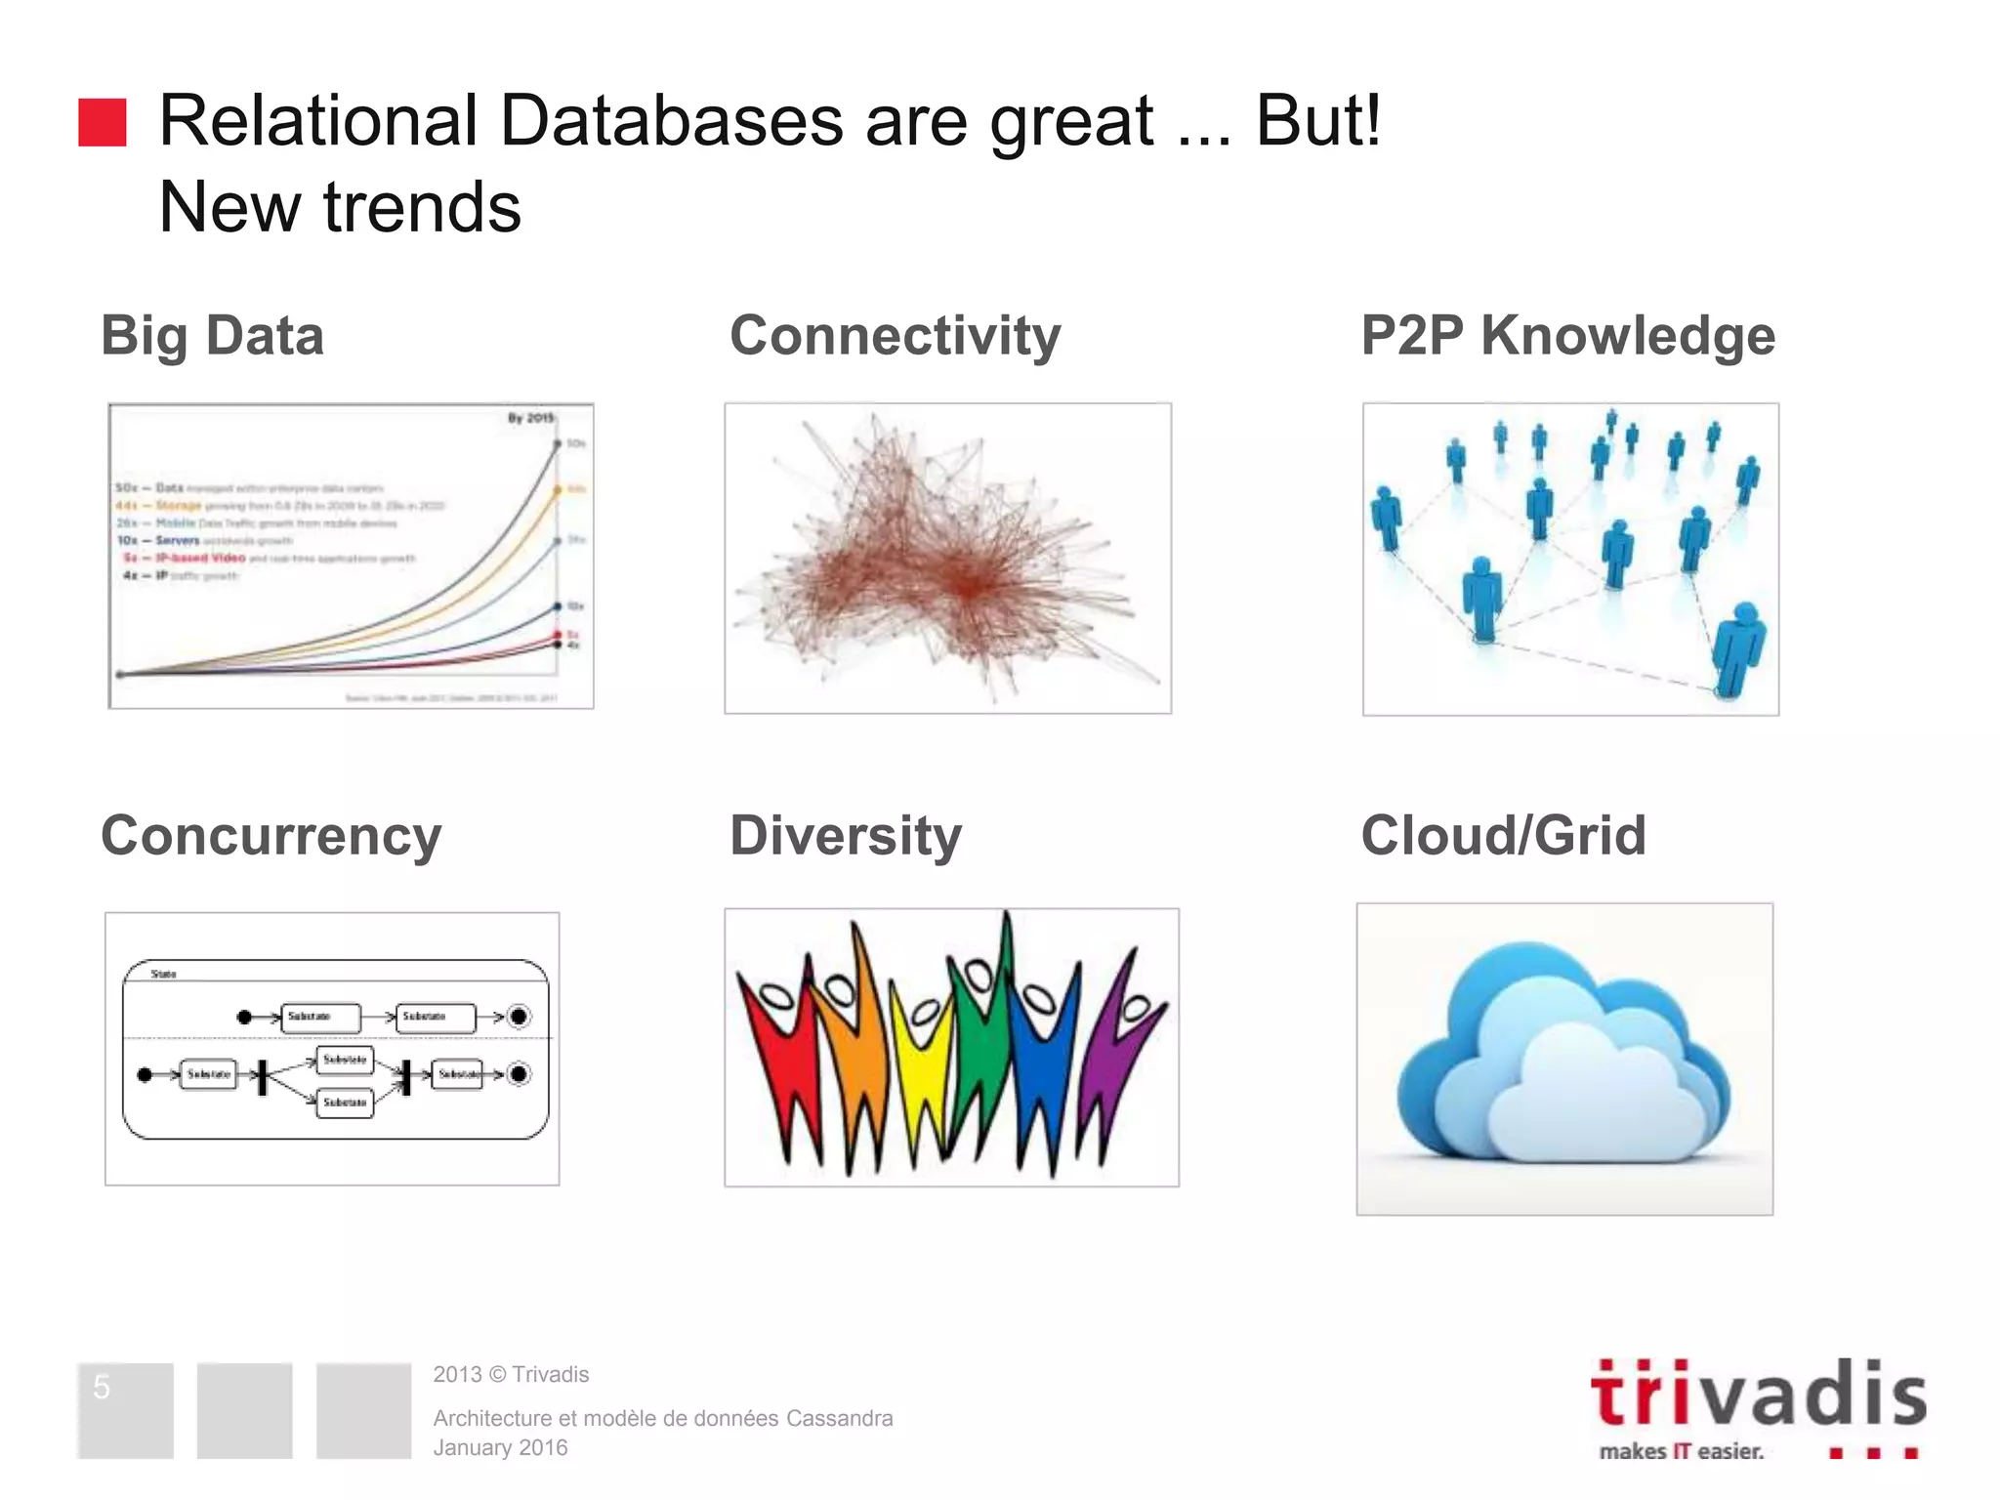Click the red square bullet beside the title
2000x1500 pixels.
103,122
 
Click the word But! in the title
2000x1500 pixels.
1317,121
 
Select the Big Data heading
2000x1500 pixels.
212,336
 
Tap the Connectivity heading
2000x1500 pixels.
895,336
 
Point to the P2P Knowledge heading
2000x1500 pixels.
1567,336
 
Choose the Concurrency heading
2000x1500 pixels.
271,836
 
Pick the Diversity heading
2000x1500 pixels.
846,836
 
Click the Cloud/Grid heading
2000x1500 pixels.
1503,836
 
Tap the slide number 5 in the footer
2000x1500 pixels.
102,1387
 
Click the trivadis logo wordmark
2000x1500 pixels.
1758,1395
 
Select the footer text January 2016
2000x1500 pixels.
500,1447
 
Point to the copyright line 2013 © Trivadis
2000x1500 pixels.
511,1374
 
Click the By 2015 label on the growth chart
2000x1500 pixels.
530,418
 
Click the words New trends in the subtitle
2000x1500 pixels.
340,207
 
